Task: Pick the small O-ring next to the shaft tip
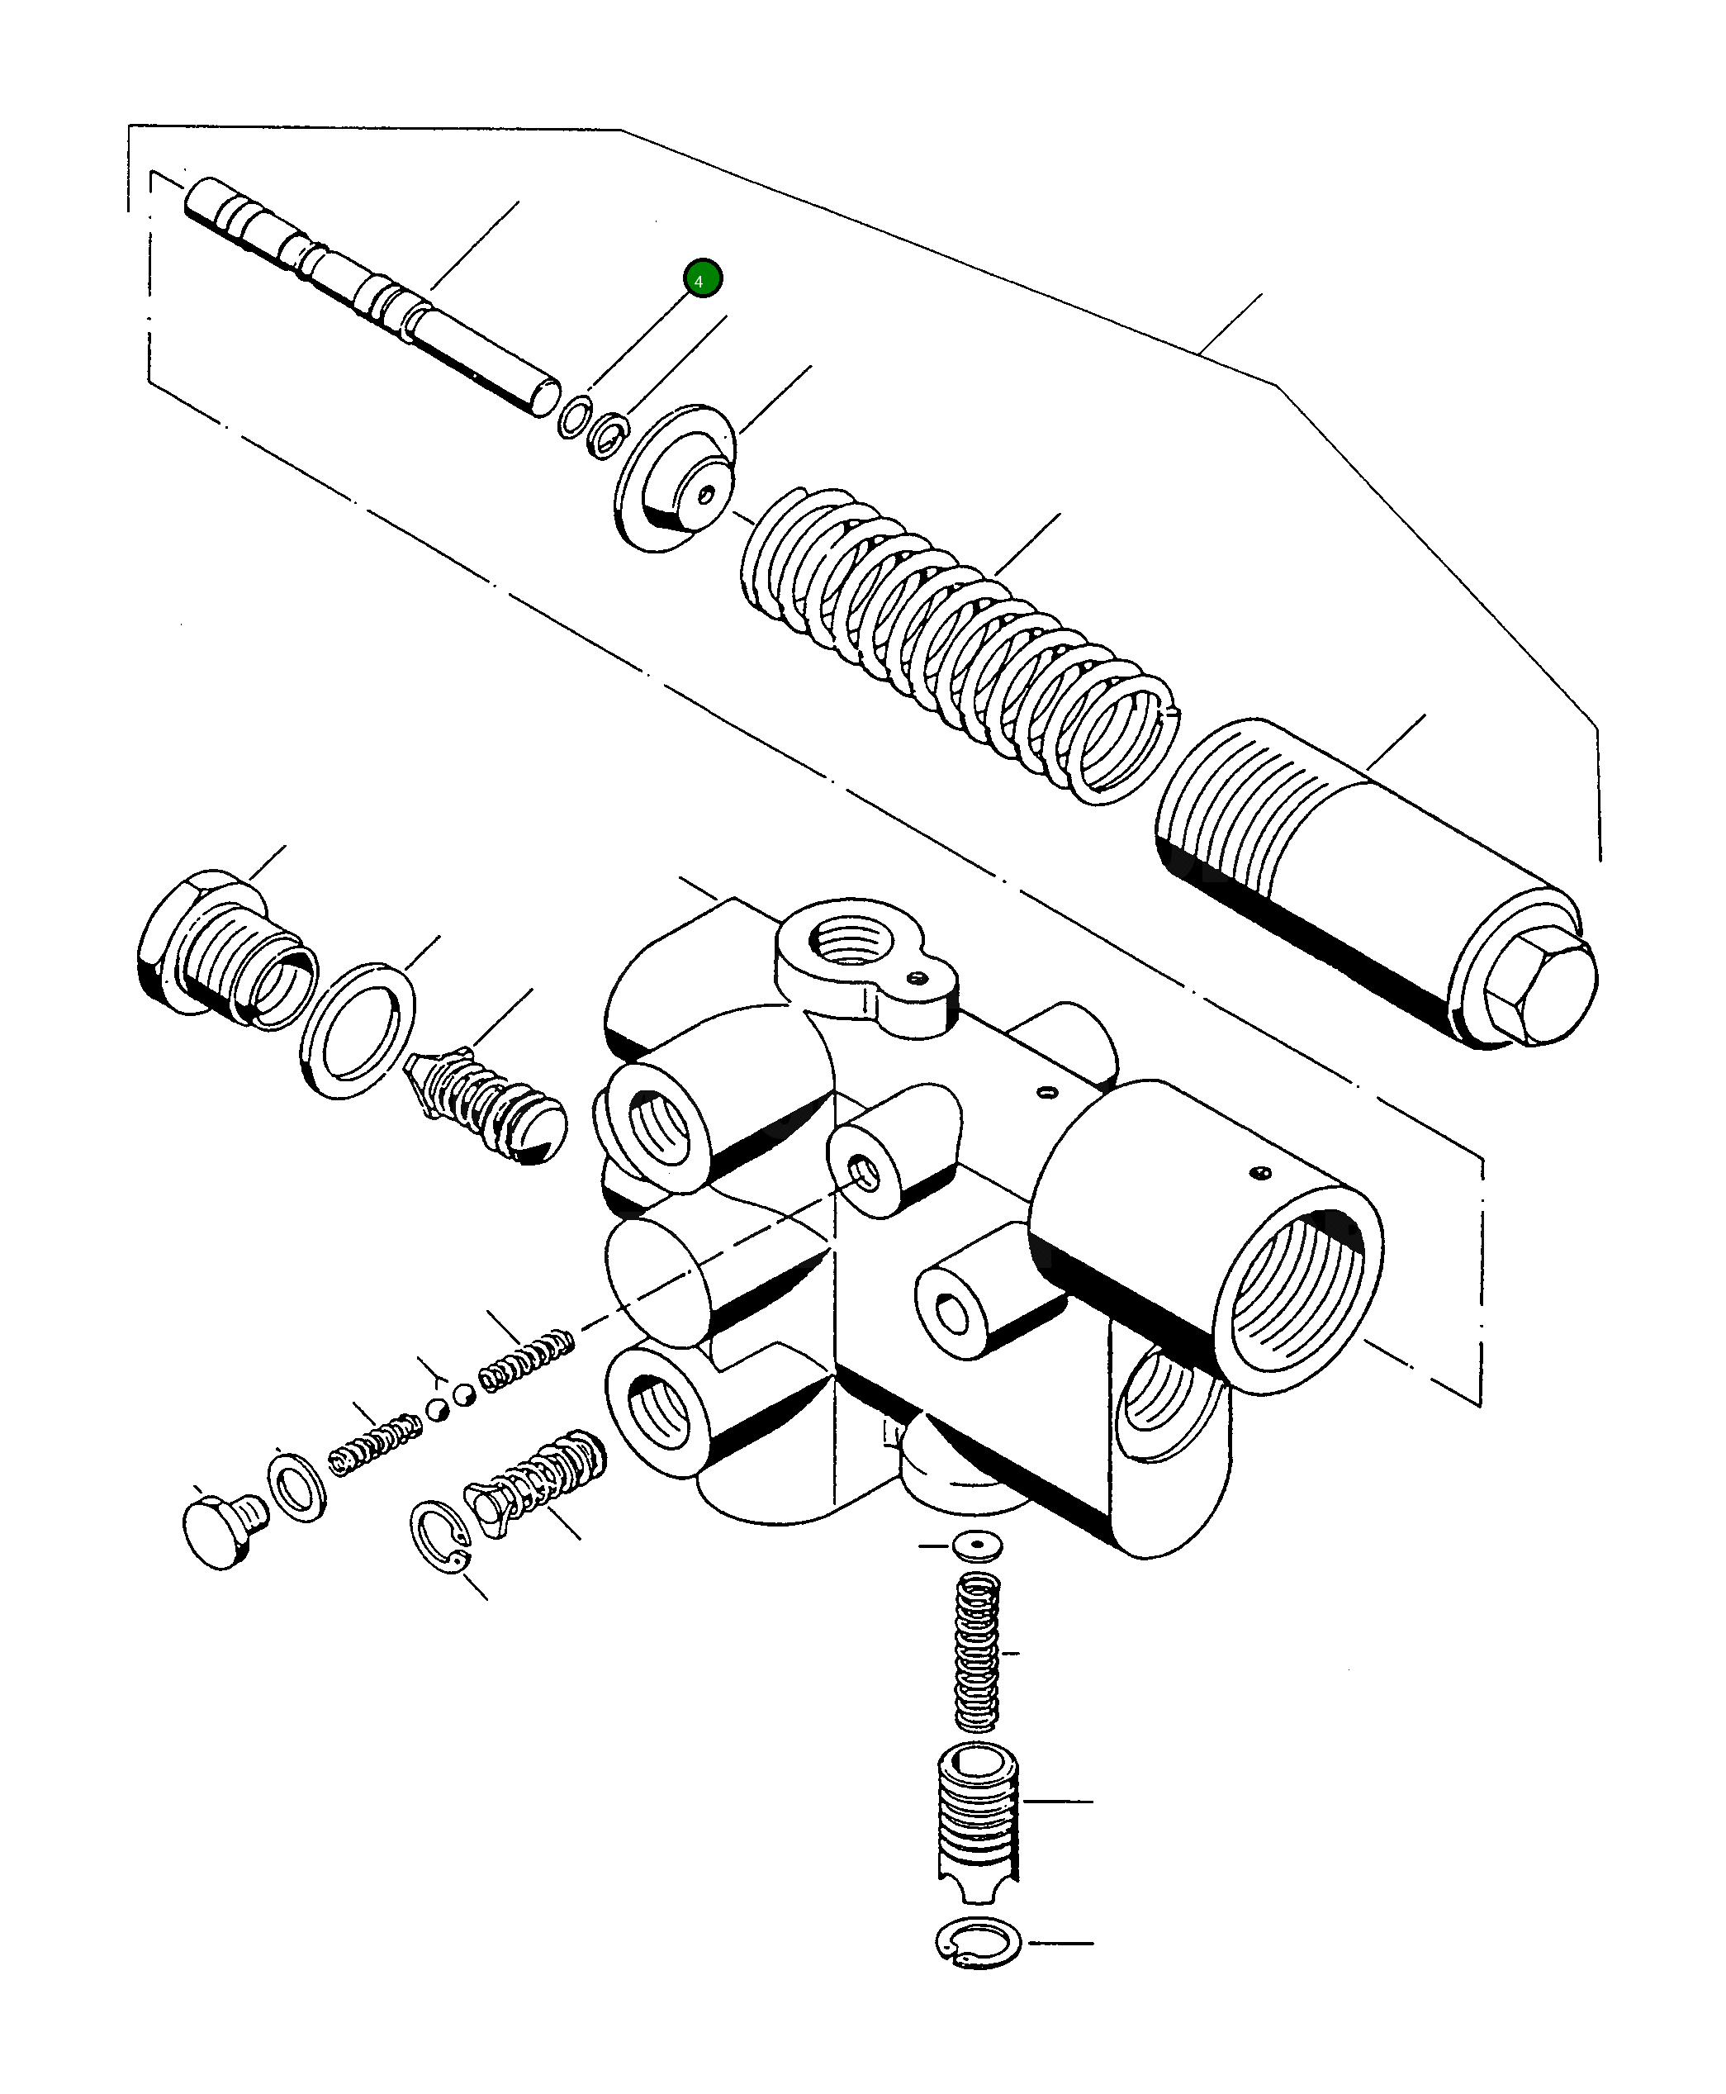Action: coord(575,416)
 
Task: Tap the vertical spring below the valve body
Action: coord(976,1654)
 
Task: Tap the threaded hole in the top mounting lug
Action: coord(851,941)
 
